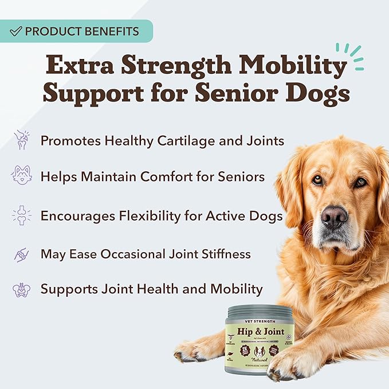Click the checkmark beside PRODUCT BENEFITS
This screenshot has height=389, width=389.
click(x=16, y=31)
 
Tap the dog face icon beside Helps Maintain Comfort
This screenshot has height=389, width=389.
click(x=22, y=176)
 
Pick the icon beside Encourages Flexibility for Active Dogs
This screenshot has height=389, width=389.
click(x=22, y=216)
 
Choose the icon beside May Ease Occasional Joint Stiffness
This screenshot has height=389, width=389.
click(x=22, y=253)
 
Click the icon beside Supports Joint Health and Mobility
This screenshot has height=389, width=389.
click(x=22, y=289)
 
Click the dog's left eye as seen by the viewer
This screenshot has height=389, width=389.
click(x=316, y=179)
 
